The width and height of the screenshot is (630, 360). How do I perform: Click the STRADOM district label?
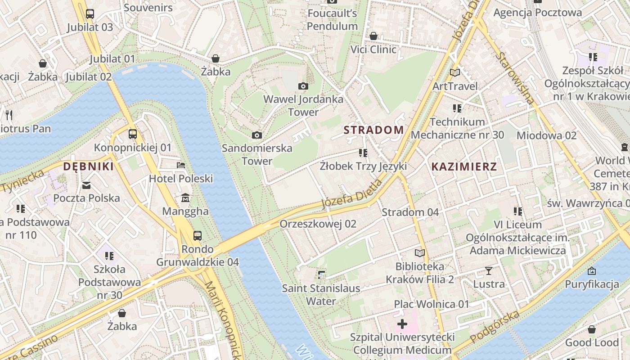coord(373,130)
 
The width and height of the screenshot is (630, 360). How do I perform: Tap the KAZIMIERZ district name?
coord(464,166)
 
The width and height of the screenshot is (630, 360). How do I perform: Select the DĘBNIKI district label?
coord(88,166)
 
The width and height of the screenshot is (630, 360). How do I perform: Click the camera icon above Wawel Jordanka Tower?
coord(303,86)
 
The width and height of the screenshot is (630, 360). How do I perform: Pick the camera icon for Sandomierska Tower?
coord(257,135)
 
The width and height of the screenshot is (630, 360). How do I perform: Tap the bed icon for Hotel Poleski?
coord(181,165)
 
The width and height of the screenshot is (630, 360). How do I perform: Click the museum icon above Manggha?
coord(185,198)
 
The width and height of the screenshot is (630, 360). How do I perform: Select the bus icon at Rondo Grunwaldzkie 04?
coord(197,235)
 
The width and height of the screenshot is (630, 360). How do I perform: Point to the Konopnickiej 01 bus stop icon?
coord(132,134)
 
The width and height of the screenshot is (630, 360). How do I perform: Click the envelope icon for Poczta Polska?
coord(86,185)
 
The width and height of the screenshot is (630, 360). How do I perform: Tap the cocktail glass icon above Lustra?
coord(488,271)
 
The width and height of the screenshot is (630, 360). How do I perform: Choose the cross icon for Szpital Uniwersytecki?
coord(402,324)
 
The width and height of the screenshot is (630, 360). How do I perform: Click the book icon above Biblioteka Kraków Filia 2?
coord(419,253)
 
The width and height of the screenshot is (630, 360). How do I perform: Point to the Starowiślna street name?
coord(516,78)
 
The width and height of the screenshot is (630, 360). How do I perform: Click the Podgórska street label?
coord(495,327)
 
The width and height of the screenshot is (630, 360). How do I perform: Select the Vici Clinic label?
coord(373,49)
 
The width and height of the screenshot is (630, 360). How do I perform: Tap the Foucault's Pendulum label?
coord(332,20)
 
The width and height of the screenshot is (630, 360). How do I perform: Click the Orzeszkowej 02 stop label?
coord(318,224)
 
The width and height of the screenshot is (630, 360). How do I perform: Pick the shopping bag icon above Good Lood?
coord(591,329)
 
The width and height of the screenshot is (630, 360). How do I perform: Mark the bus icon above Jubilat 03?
coord(90,14)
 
